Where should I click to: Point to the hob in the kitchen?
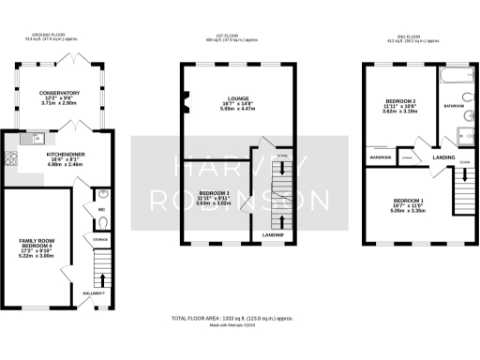tap(11, 158)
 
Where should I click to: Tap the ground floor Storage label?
tap(100, 240)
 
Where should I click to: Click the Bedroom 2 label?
tap(394, 100)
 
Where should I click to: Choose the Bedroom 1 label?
tap(408, 202)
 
